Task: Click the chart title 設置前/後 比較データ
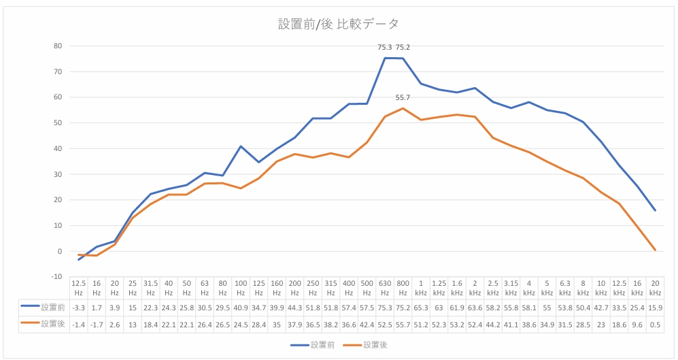(x=339, y=24)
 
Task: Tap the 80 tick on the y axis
(x=58, y=46)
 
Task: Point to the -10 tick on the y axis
(x=56, y=276)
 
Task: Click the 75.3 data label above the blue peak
(x=385, y=48)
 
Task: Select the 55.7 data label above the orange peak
(x=403, y=98)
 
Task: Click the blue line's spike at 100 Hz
(x=241, y=146)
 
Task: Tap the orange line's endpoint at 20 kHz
(x=654, y=250)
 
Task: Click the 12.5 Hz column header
(x=79, y=287)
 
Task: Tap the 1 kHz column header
(x=421, y=287)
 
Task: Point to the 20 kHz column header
(x=655, y=287)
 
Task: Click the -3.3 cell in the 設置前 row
(x=79, y=307)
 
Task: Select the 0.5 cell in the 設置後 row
(x=655, y=324)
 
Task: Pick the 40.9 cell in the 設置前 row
(x=241, y=307)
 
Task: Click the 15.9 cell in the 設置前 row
(x=655, y=307)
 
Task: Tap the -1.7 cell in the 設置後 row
(x=97, y=324)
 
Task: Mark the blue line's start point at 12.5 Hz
(x=79, y=259)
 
